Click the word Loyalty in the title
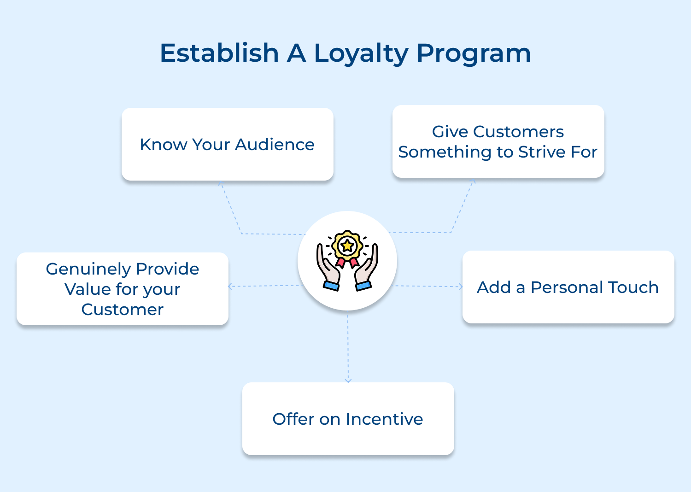click(361, 53)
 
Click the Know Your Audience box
click(227, 144)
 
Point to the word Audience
click(275, 145)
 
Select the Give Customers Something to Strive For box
click(498, 141)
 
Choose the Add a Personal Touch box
click(568, 287)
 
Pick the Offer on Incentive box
click(348, 419)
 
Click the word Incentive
click(384, 419)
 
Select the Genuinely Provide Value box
click(123, 289)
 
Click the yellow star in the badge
click(347, 246)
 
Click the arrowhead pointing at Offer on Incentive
click(348, 380)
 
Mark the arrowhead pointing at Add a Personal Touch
click(460, 287)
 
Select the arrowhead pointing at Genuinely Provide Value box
click(230, 287)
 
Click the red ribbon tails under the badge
click(347, 263)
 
